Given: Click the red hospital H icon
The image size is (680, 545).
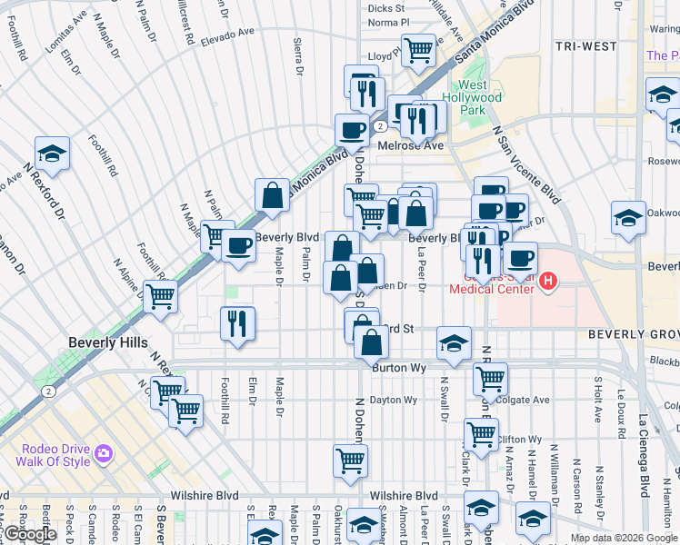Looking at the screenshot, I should (x=547, y=282).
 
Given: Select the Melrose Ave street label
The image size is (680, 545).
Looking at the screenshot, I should (x=417, y=145).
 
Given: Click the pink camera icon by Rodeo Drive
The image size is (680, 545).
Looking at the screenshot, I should (x=104, y=452).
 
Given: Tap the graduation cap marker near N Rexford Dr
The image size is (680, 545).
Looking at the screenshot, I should (x=53, y=153).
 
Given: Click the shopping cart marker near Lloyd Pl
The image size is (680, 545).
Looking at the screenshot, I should (x=418, y=49).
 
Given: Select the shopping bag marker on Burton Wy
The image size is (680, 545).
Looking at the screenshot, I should (x=372, y=343).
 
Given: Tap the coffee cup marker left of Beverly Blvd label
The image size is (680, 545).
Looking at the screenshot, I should (x=239, y=245).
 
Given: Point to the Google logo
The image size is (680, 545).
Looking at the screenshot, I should (x=30, y=534).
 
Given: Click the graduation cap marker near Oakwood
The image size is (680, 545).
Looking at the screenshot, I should (x=627, y=218).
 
